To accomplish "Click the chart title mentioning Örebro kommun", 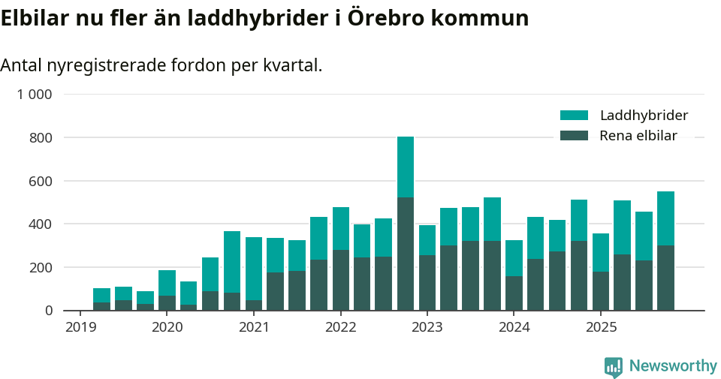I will [264, 18].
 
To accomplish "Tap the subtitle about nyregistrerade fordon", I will [161, 65].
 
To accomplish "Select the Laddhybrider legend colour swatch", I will [575, 116].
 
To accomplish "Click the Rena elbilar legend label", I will [638, 136].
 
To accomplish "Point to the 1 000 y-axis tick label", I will [35, 95].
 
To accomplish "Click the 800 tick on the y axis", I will [41, 138].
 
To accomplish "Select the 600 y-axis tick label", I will [41, 181].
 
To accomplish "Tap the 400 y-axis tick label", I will [41, 224].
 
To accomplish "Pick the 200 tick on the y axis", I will [41, 267].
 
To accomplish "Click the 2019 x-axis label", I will [80, 327].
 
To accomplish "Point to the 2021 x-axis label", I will [254, 327].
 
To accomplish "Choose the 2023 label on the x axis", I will [427, 327].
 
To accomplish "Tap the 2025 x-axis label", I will [601, 327].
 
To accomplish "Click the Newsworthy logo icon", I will [613, 366].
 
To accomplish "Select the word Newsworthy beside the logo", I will [673, 366].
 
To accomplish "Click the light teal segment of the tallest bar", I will [406, 167].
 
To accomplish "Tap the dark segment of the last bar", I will [665, 278].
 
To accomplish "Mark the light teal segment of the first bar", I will [101, 295].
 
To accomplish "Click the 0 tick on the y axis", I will [49, 311].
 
